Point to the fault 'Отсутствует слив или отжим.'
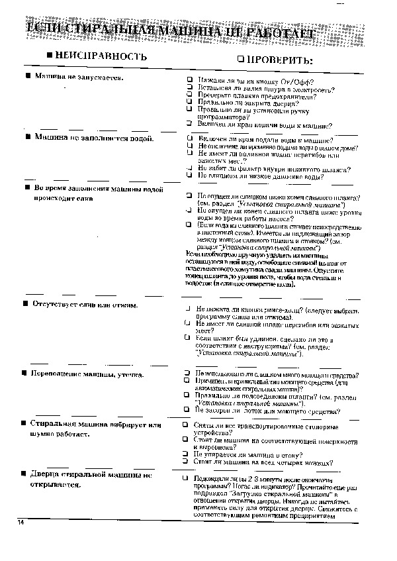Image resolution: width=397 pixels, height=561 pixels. click(86, 305)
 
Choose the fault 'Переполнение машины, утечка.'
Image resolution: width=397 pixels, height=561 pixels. click(89, 374)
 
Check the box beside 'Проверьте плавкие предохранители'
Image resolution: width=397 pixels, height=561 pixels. click(189, 95)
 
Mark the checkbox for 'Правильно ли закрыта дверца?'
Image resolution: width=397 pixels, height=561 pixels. click(189, 103)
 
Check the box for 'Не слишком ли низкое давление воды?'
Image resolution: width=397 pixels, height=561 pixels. click(189, 177)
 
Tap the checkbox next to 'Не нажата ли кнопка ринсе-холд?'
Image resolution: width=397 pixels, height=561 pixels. click(189, 309)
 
